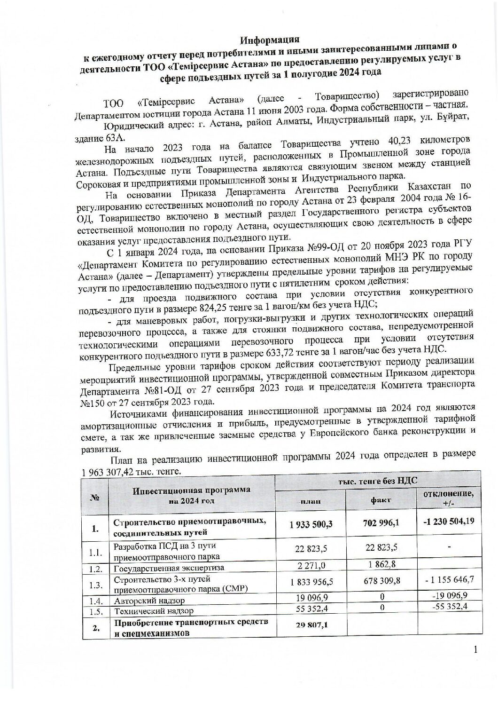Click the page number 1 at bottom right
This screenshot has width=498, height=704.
[x=475, y=650]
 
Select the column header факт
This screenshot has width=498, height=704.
[x=381, y=500]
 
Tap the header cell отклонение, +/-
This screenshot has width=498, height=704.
[x=448, y=498]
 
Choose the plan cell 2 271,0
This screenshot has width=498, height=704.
[x=311, y=566]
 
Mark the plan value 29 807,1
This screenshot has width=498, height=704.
[x=311, y=625]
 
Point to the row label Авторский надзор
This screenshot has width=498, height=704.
[x=149, y=601]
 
